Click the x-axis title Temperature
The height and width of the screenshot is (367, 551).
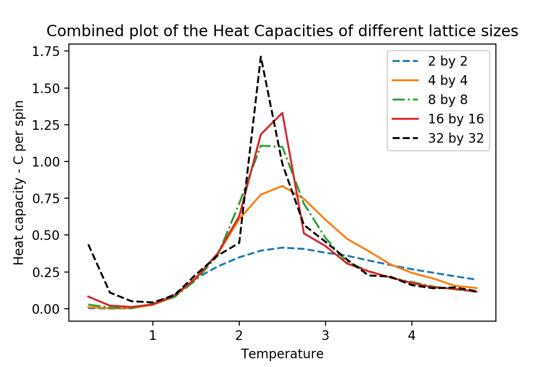pyautogui.click(x=282, y=354)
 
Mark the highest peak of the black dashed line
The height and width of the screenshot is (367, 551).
pyautogui.click(x=261, y=56)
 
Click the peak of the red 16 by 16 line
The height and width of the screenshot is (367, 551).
pyautogui.click(x=282, y=112)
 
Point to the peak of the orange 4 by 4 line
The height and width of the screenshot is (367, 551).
pyautogui.click(x=282, y=186)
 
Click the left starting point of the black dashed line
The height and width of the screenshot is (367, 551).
pyautogui.click(x=88, y=245)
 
